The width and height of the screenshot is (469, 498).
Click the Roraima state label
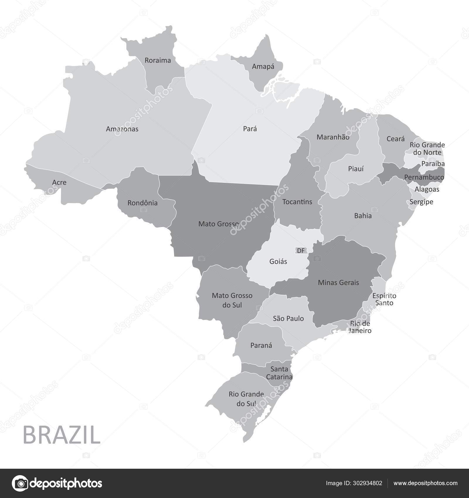click(x=158, y=60)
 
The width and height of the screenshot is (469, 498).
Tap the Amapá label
click(x=263, y=66)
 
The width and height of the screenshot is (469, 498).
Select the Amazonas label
click(x=122, y=129)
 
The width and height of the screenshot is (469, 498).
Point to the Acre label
click(x=59, y=183)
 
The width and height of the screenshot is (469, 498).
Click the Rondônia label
click(x=142, y=203)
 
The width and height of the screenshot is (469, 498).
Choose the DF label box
click(x=301, y=250)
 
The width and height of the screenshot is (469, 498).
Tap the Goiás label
click(x=278, y=261)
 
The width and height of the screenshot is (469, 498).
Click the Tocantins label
click(x=297, y=202)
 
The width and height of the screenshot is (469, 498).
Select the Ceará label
click(x=395, y=139)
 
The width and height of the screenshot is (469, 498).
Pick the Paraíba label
click(x=433, y=164)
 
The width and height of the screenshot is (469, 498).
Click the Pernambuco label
click(x=424, y=177)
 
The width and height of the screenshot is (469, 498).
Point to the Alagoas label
click(x=427, y=189)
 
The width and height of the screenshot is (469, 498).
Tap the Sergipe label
click(x=422, y=202)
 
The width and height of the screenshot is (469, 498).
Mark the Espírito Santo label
click(x=384, y=299)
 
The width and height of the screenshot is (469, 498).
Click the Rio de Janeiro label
click(x=360, y=327)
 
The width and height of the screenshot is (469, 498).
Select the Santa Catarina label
click(x=279, y=373)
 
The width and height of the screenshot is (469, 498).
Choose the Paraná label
click(x=261, y=345)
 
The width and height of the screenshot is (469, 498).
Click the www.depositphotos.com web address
click(x=425, y=483)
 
